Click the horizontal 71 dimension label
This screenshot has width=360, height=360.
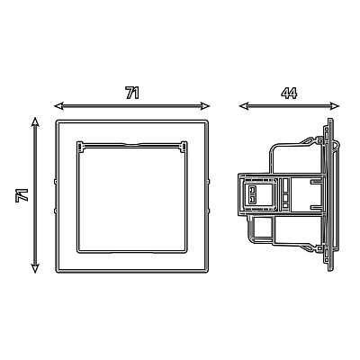pos(132,93)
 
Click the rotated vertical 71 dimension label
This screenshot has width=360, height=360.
pos(22,195)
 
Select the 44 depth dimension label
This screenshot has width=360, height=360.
pos(289,93)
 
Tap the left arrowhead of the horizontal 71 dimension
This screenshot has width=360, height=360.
pos(59,105)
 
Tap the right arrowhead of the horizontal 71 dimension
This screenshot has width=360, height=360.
pos(205,105)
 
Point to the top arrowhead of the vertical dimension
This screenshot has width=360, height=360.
pos(35,122)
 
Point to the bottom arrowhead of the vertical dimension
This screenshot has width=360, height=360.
pos(35,268)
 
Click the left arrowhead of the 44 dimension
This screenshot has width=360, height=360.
pos(244,105)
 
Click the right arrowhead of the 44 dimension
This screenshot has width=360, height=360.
pos(334,105)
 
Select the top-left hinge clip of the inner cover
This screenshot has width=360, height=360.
pos(80,146)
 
